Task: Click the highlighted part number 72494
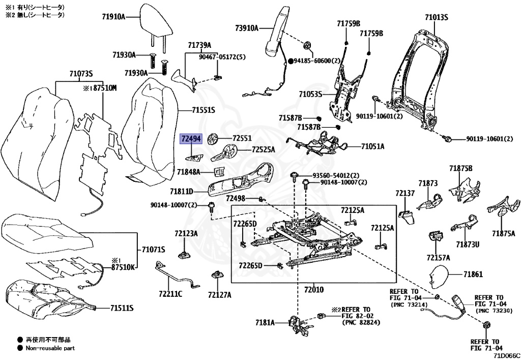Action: point(191,139)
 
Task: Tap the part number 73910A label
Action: point(247,28)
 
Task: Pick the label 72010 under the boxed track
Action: point(313,290)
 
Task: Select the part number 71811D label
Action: point(182,191)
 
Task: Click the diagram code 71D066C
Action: point(506,356)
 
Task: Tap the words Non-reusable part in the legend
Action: point(50,348)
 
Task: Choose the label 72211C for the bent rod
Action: point(170,294)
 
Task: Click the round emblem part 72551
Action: point(213,138)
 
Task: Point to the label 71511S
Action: point(122,308)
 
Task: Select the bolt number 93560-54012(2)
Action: point(336,176)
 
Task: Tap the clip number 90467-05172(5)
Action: point(222,57)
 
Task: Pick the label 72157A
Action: point(438,257)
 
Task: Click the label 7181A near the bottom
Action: point(265,322)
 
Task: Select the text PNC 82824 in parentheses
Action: point(361,322)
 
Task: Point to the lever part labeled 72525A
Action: point(224,153)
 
